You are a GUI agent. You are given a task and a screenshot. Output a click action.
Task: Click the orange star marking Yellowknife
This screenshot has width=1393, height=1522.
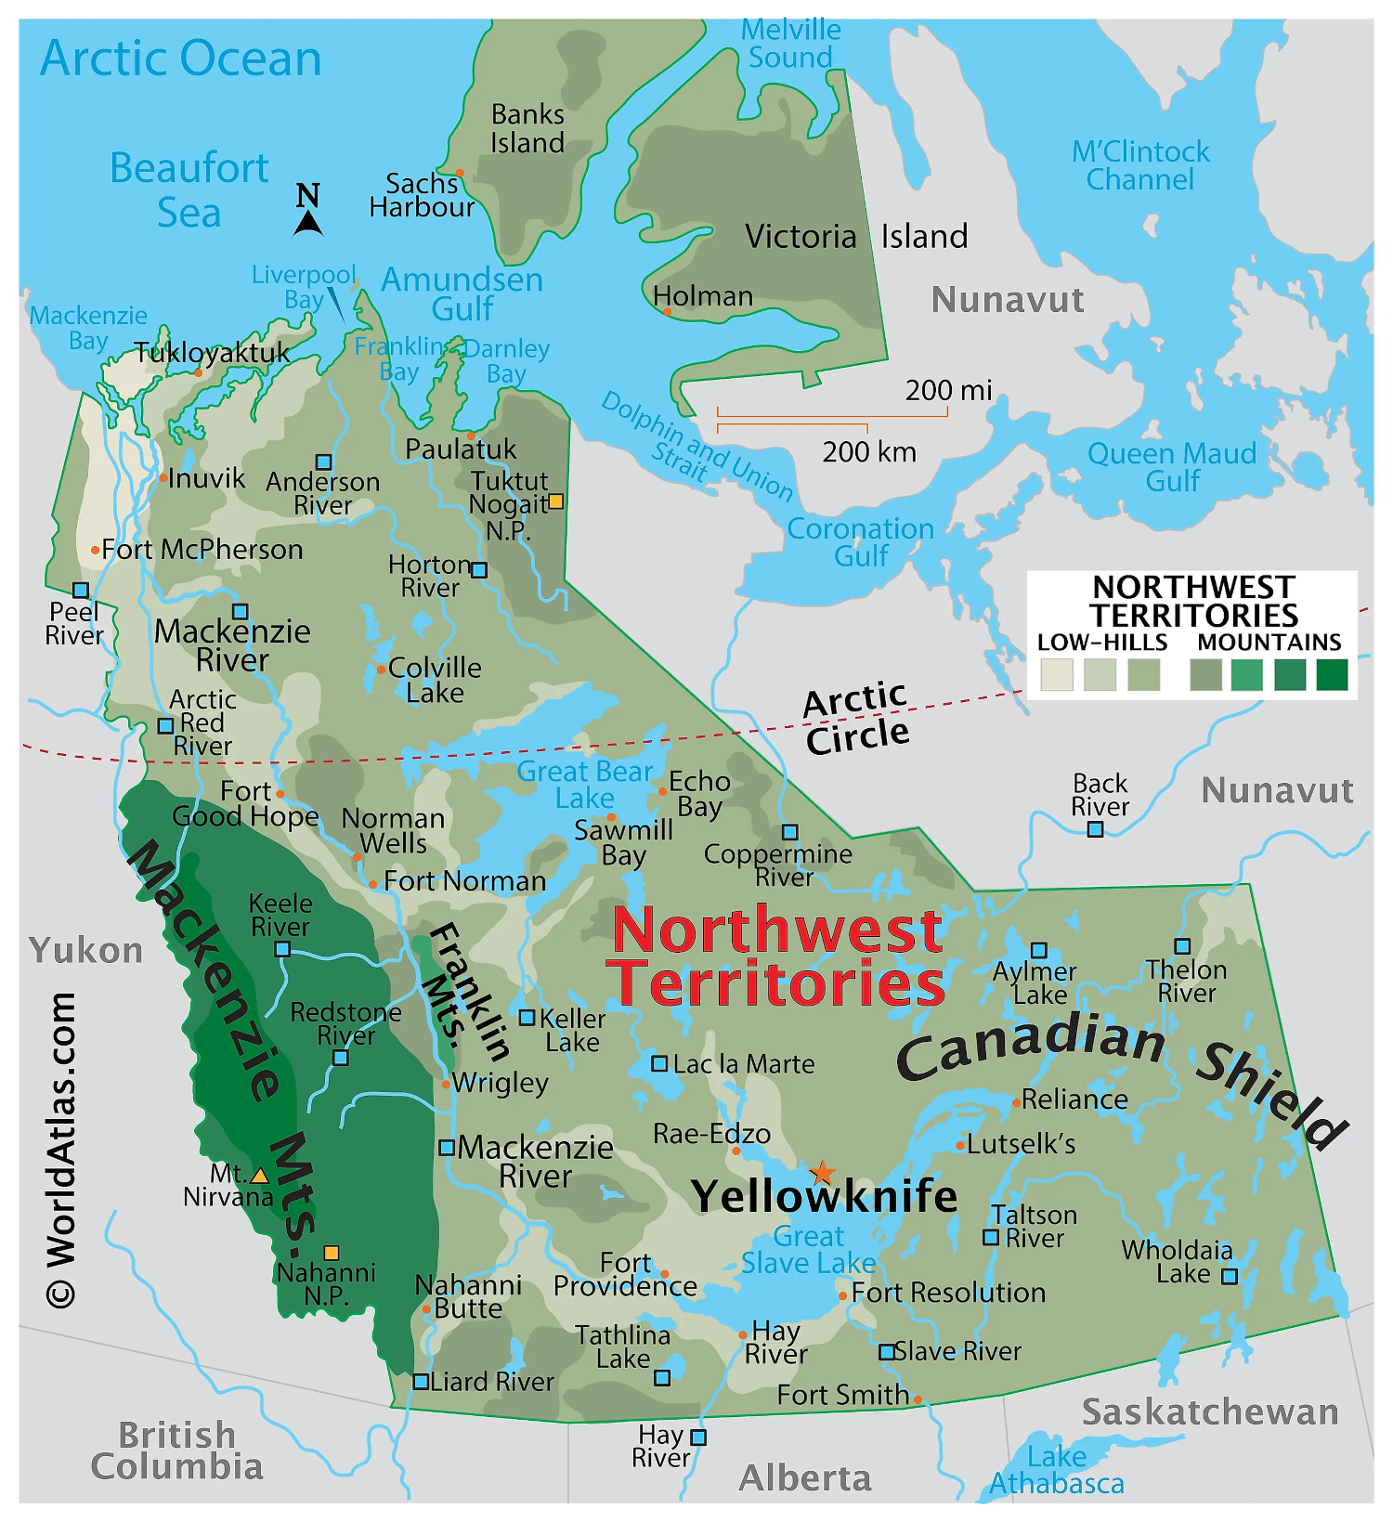point(823,1173)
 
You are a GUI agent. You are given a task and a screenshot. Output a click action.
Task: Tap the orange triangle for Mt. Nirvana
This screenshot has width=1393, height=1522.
point(260,1177)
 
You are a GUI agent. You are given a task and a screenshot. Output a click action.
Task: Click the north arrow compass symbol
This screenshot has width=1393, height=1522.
point(308,211)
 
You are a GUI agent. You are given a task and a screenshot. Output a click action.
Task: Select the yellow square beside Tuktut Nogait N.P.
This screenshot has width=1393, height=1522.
point(555,501)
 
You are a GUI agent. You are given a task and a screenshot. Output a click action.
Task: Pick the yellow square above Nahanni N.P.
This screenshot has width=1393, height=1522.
point(332,1253)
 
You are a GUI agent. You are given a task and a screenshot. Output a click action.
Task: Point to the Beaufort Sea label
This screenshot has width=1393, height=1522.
point(189,190)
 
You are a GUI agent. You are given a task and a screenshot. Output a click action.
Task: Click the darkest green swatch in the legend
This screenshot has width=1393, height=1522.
point(1332,675)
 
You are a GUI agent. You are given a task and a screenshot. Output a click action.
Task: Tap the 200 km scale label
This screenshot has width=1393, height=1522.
point(869,452)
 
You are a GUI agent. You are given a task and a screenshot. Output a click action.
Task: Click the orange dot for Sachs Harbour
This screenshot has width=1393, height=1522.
point(460,173)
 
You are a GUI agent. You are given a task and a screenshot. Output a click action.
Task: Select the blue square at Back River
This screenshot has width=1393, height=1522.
point(1096,829)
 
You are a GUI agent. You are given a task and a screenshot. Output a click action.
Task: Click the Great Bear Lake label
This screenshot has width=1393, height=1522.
point(585,785)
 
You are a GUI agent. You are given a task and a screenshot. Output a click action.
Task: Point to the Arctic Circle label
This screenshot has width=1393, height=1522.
point(856,718)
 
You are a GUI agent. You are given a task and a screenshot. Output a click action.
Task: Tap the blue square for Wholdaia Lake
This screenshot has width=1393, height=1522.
point(1230,1277)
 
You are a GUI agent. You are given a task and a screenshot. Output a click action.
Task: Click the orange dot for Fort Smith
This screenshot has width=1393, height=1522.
point(918,1399)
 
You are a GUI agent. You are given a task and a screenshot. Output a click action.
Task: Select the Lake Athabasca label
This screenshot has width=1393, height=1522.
point(1057,1470)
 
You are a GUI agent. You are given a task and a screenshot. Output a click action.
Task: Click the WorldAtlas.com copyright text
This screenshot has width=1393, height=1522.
point(61,1151)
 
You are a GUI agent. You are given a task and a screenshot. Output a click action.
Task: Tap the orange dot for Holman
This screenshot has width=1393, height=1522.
point(667,312)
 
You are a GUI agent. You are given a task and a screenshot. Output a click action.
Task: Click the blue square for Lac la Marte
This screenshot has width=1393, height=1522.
point(659,1063)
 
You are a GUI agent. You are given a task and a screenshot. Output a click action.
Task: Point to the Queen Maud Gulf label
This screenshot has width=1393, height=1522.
point(1172,467)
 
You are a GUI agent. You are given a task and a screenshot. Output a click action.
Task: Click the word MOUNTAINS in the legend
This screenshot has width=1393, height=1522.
point(1269,642)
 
